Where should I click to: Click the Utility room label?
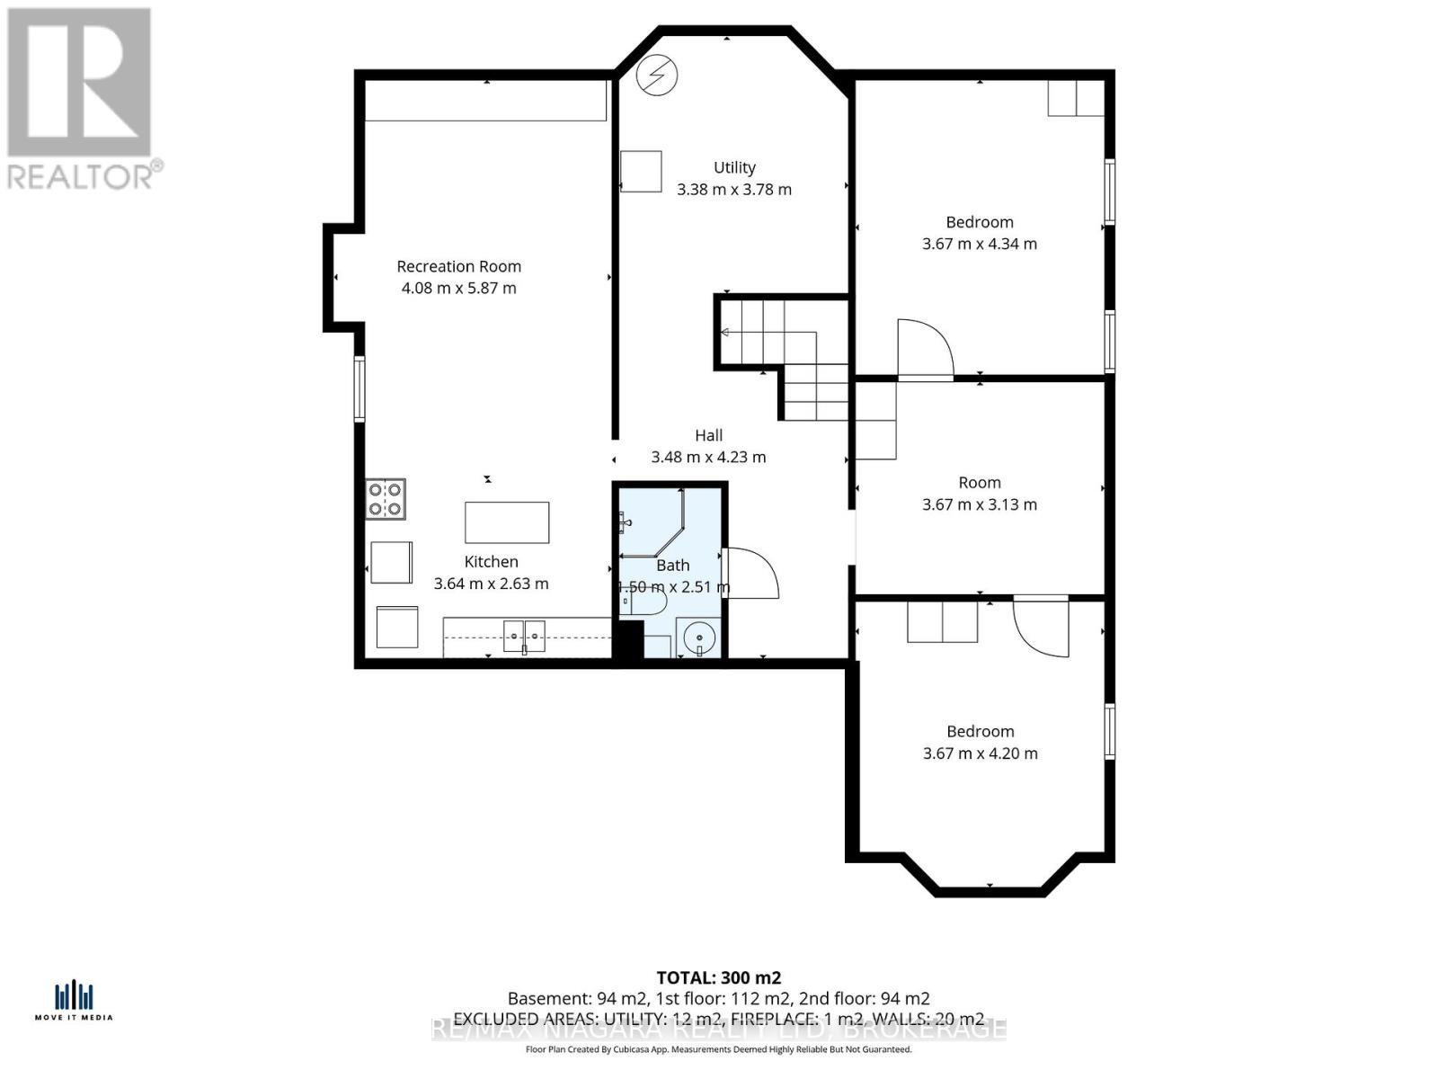(734, 168)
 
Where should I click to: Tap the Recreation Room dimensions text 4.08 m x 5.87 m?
(458, 289)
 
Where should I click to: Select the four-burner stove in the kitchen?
(386, 499)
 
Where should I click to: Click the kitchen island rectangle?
(507, 522)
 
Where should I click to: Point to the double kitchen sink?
(523, 636)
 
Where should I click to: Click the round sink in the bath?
(698, 638)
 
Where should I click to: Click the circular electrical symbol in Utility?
(656, 76)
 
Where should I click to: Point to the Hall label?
(708, 436)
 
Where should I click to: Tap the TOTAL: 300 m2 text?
(718, 977)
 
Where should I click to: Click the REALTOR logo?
(81, 99)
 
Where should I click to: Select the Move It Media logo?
(75, 1001)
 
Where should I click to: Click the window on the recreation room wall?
(359, 388)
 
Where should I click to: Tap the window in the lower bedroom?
(1110, 731)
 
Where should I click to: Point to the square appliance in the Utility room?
(641, 172)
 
